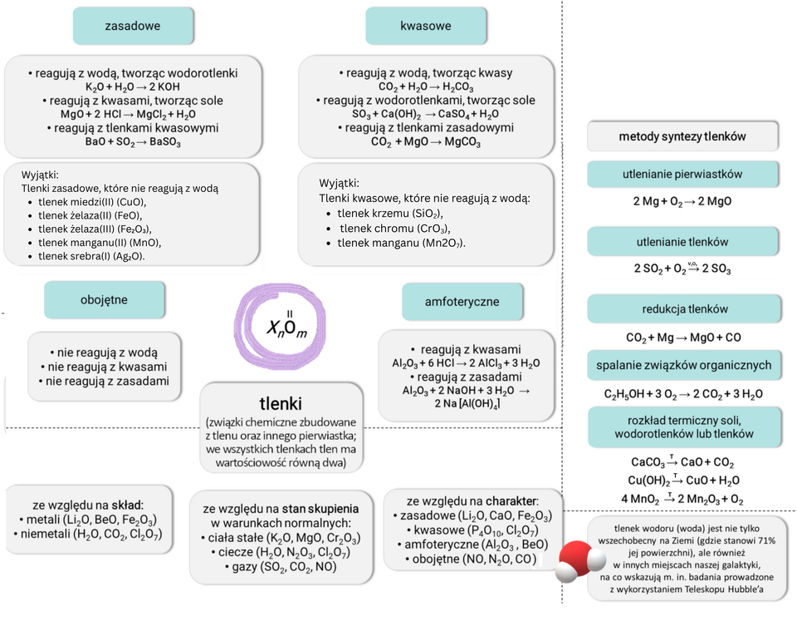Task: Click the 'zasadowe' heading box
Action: click(x=133, y=26)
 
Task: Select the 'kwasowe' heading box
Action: click(x=425, y=26)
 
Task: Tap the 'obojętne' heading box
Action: click(x=105, y=300)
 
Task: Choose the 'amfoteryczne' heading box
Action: click(x=462, y=302)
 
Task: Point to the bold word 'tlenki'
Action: click(x=281, y=403)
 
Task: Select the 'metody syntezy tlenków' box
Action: click(x=682, y=136)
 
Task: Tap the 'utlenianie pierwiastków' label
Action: click(x=682, y=174)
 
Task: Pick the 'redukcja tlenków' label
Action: click(x=684, y=309)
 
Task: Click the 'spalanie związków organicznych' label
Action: click(x=684, y=365)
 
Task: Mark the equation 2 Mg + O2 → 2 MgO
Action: click(x=682, y=201)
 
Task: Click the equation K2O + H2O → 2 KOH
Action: click(x=133, y=87)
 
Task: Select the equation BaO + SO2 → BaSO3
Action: click(x=133, y=141)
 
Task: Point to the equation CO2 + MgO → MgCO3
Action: click(x=425, y=141)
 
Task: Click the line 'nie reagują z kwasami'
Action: click(x=104, y=367)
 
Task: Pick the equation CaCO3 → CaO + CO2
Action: click(x=682, y=462)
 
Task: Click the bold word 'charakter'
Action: click(x=512, y=500)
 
